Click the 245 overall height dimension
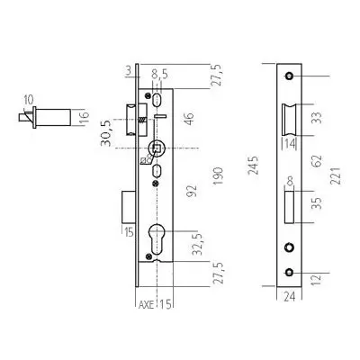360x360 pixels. point(254,166)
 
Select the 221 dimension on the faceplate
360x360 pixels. point(335,175)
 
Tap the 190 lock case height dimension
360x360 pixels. point(218,176)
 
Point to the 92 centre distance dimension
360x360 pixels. point(192,191)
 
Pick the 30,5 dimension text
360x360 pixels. point(105,132)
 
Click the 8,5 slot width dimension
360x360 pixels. point(159,74)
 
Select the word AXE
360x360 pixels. point(146,305)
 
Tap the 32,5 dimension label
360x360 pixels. point(198,244)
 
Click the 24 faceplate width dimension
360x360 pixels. point(289,297)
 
